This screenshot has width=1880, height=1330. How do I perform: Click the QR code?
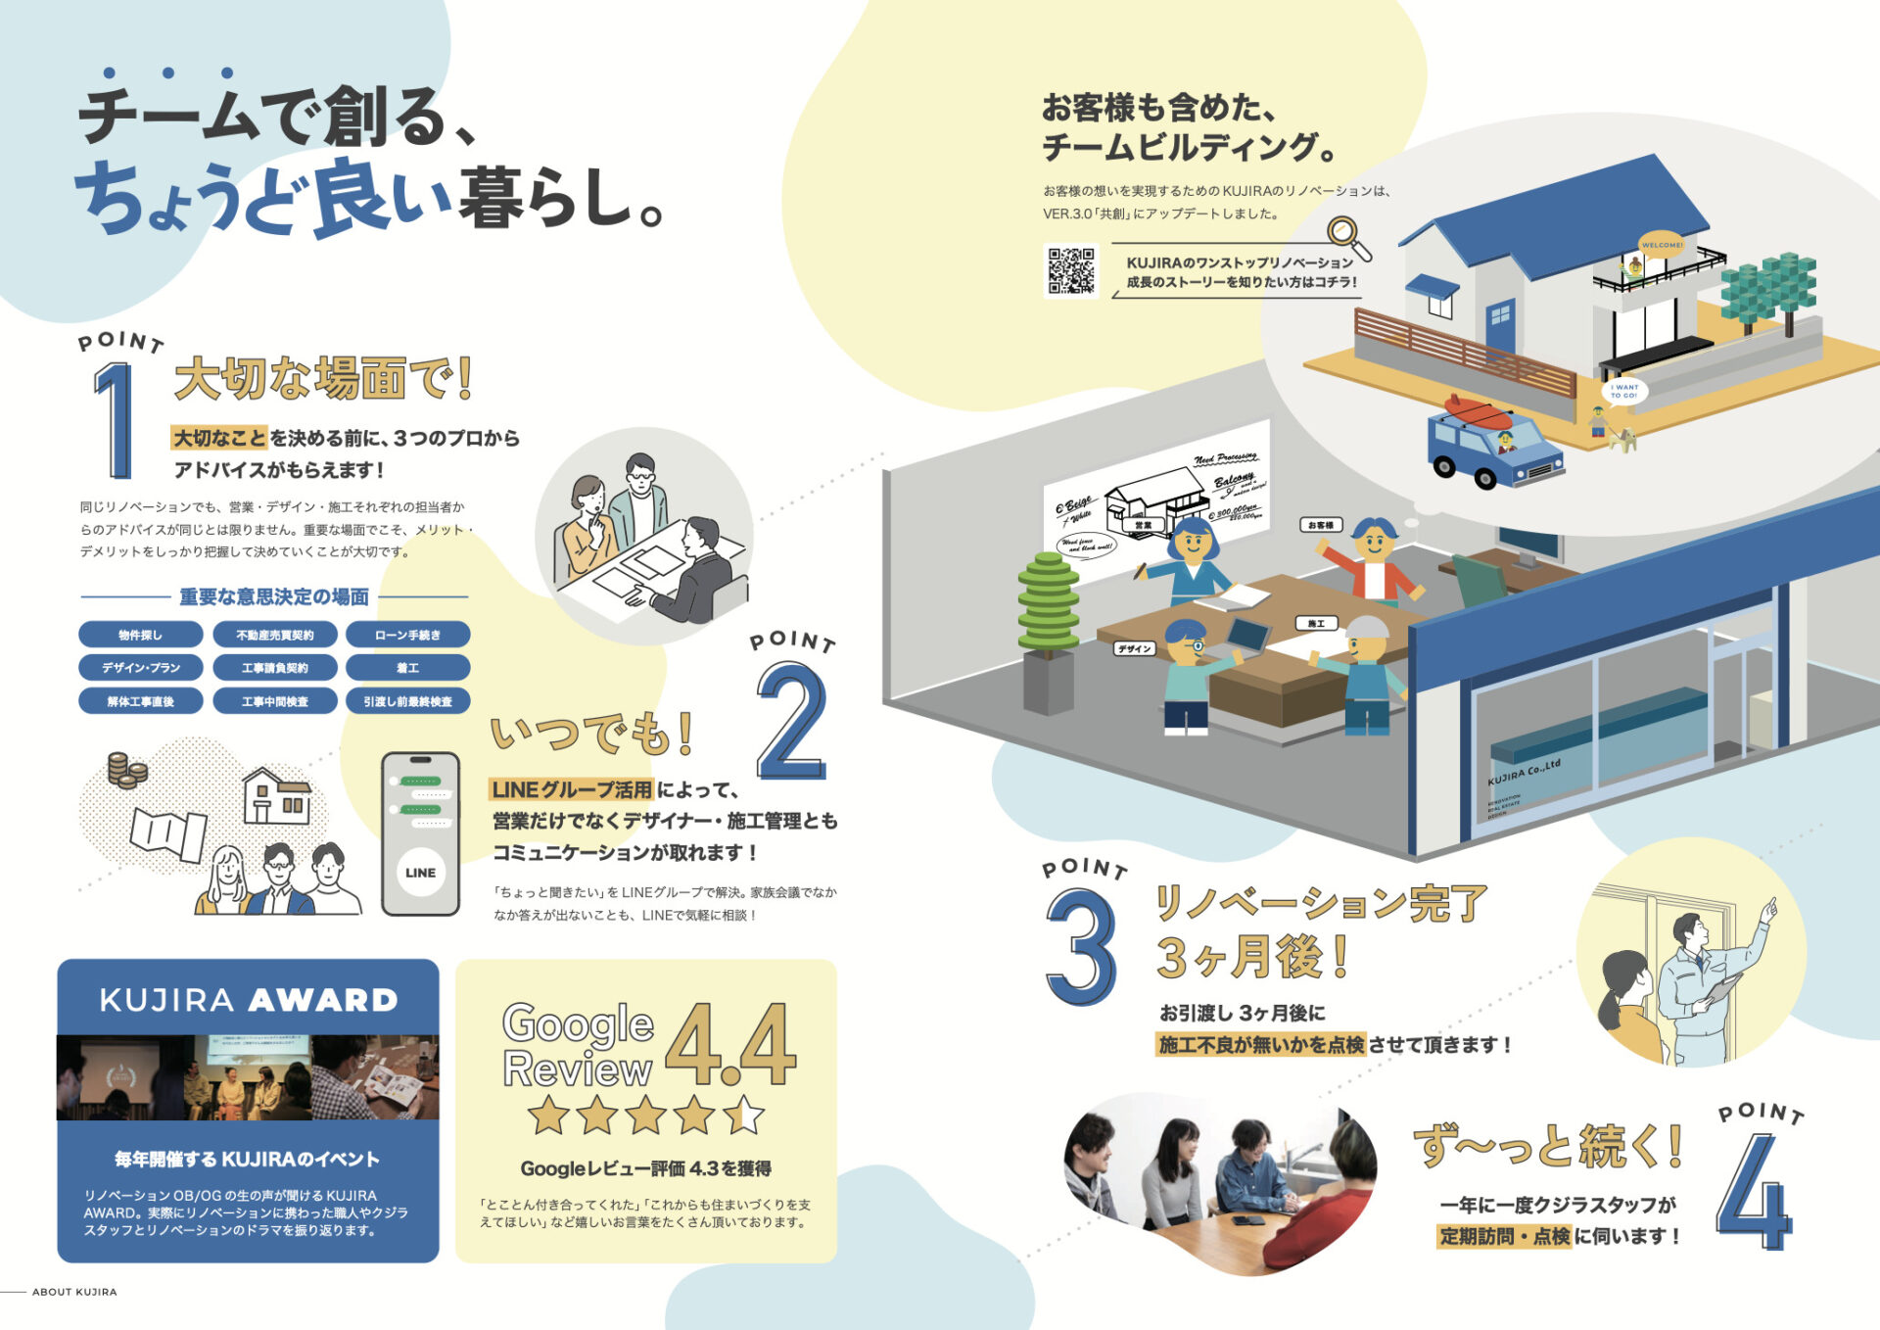click(1072, 270)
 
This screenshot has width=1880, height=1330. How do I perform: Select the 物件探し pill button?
click(141, 635)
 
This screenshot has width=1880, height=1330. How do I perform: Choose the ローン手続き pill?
click(407, 635)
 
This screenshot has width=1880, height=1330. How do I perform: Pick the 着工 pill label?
click(407, 668)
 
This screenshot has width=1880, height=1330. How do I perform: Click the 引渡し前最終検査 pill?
click(407, 701)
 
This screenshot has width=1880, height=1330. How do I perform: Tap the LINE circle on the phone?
click(420, 873)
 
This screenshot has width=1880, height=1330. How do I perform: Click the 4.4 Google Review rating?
click(730, 1045)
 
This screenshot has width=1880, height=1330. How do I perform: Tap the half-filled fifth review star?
click(743, 1115)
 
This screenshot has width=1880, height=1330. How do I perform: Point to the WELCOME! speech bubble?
click(1662, 245)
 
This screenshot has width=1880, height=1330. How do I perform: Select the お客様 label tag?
click(1321, 526)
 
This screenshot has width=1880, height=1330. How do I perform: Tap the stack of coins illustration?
click(127, 770)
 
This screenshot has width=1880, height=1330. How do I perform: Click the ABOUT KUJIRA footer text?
click(74, 1292)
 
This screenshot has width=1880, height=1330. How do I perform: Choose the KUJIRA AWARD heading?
click(249, 1000)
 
